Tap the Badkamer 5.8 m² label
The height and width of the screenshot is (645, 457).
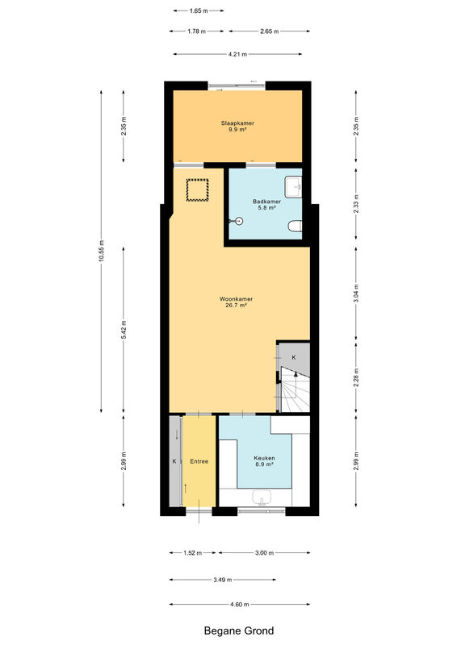(x=266, y=205)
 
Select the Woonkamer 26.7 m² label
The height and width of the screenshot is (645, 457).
(x=236, y=302)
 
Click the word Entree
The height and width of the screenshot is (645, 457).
(x=199, y=461)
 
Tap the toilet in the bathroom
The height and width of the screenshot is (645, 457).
(x=295, y=226)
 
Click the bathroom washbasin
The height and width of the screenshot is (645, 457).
(x=294, y=187)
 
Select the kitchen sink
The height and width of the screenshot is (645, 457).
(x=262, y=497)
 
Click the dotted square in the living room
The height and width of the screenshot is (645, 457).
(x=197, y=189)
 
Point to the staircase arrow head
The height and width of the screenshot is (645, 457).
(x=296, y=374)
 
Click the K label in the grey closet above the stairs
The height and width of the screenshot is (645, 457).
(x=294, y=357)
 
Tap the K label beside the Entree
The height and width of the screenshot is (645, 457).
(x=174, y=461)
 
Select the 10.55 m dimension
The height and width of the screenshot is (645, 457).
(x=102, y=251)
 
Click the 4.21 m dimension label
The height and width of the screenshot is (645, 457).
(x=237, y=54)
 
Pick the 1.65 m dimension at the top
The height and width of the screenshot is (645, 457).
(x=199, y=10)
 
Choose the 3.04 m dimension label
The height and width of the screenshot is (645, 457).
(x=356, y=293)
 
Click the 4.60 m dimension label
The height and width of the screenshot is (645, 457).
(x=240, y=604)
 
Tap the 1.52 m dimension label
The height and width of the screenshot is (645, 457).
(x=192, y=553)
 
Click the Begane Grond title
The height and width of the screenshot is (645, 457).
(x=239, y=631)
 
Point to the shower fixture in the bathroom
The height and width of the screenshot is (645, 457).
(x=237, y=221)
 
